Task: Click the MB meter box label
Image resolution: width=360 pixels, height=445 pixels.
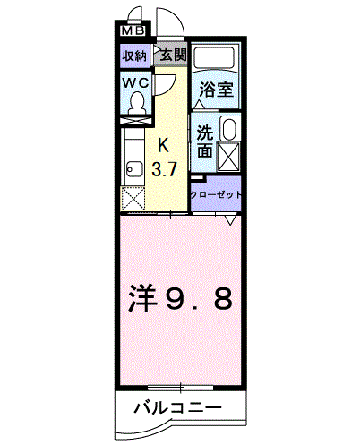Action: tap(133, 30)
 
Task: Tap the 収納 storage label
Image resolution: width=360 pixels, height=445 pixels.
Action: tap(135, 56)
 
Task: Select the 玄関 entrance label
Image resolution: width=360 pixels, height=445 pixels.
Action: tap(173, 55)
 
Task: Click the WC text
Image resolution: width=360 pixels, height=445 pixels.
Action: tap(136, 83)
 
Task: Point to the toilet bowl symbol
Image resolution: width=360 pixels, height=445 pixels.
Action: tap(137, 102)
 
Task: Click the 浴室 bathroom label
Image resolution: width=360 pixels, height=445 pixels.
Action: tap(216, 90)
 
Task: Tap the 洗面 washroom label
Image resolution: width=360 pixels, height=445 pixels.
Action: tap(205, 141)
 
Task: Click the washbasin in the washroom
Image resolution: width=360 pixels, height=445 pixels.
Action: tap(229, 129)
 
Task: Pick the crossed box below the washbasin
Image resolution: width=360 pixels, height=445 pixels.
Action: tap(229, 157)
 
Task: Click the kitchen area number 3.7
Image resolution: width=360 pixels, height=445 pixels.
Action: tap(165, 169)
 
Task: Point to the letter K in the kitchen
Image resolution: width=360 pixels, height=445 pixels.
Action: tap(163, 146)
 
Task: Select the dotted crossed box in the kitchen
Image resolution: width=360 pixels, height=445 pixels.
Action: tap(133, 199)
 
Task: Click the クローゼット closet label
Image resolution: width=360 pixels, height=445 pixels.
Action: tap(216, 195)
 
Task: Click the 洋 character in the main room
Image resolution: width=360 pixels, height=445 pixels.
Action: tap(142, 298)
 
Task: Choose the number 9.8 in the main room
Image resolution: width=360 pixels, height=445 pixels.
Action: tap(199, 298)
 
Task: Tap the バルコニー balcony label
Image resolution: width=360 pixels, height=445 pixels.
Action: tap(178, 407)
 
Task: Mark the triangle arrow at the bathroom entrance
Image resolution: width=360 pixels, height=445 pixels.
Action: tap(199, 104)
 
